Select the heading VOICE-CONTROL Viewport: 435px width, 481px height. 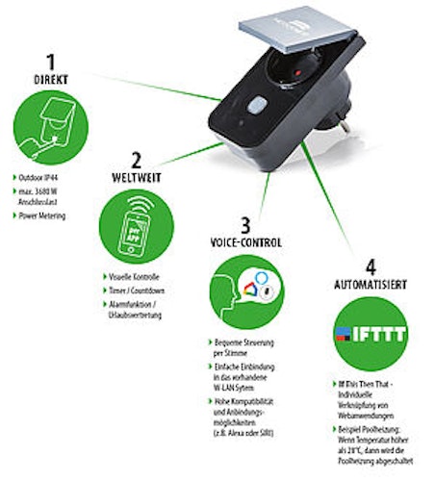click(246, 242)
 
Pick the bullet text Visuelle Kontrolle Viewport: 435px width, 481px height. click(139, 277)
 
